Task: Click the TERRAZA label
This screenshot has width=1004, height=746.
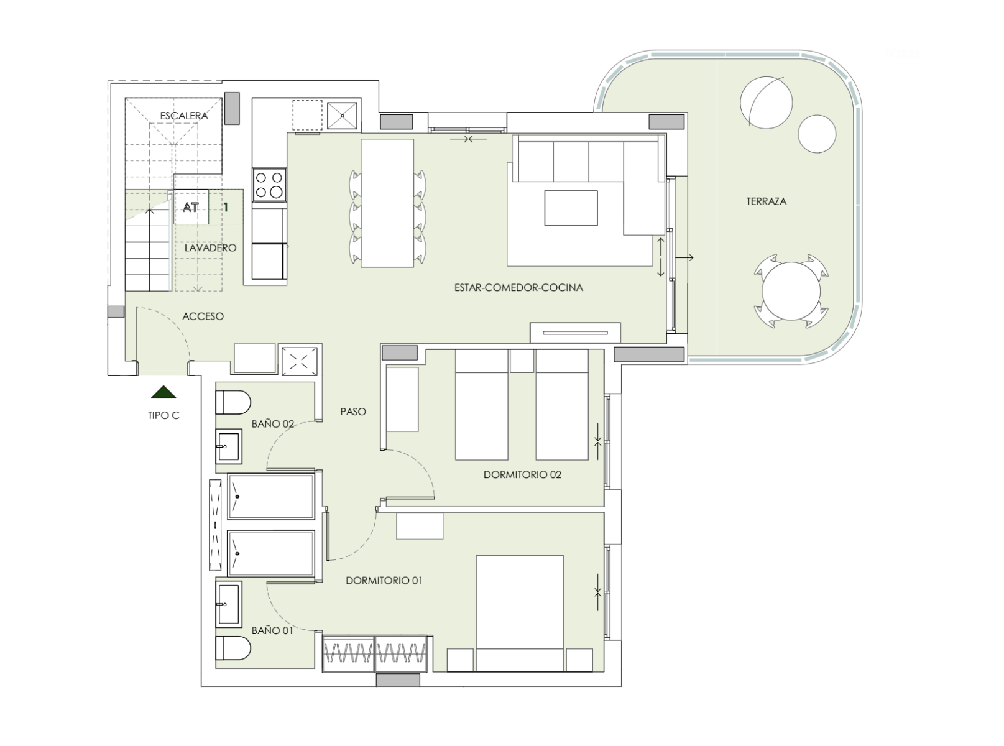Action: pos(766,201)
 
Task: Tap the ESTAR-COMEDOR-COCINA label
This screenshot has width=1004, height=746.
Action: pos(518,287)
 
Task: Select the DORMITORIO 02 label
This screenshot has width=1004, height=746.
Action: pos(522,474)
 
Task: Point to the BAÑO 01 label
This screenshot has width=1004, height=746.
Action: pos(272,630)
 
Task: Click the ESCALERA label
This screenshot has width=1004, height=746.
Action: pos(184,116)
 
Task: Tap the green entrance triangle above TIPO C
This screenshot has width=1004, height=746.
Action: pos(163,392)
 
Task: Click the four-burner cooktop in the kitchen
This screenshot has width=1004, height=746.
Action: pos(269,185)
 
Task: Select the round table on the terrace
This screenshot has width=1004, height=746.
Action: pos(791,291)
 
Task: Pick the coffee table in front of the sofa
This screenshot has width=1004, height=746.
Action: pos(571,208)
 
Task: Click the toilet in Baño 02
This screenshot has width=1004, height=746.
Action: pos(233,402)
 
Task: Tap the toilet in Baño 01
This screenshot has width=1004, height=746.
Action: pos(233,648)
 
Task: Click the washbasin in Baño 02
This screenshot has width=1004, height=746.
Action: pos(229,446)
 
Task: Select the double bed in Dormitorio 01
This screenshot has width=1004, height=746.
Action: pos(520,614)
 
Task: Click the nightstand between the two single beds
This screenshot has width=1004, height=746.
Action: pos(522,361)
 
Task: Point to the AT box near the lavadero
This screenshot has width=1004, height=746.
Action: pos(191,207)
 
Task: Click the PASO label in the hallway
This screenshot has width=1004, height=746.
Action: pos(353,412)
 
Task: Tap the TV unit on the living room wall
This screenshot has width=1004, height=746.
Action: pos(575,333)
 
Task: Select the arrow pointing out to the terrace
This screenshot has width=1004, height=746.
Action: pos(684,258)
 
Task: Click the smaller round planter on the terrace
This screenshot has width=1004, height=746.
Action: pos(817,134)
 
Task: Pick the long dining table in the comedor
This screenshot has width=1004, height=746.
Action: pos(387,203)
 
